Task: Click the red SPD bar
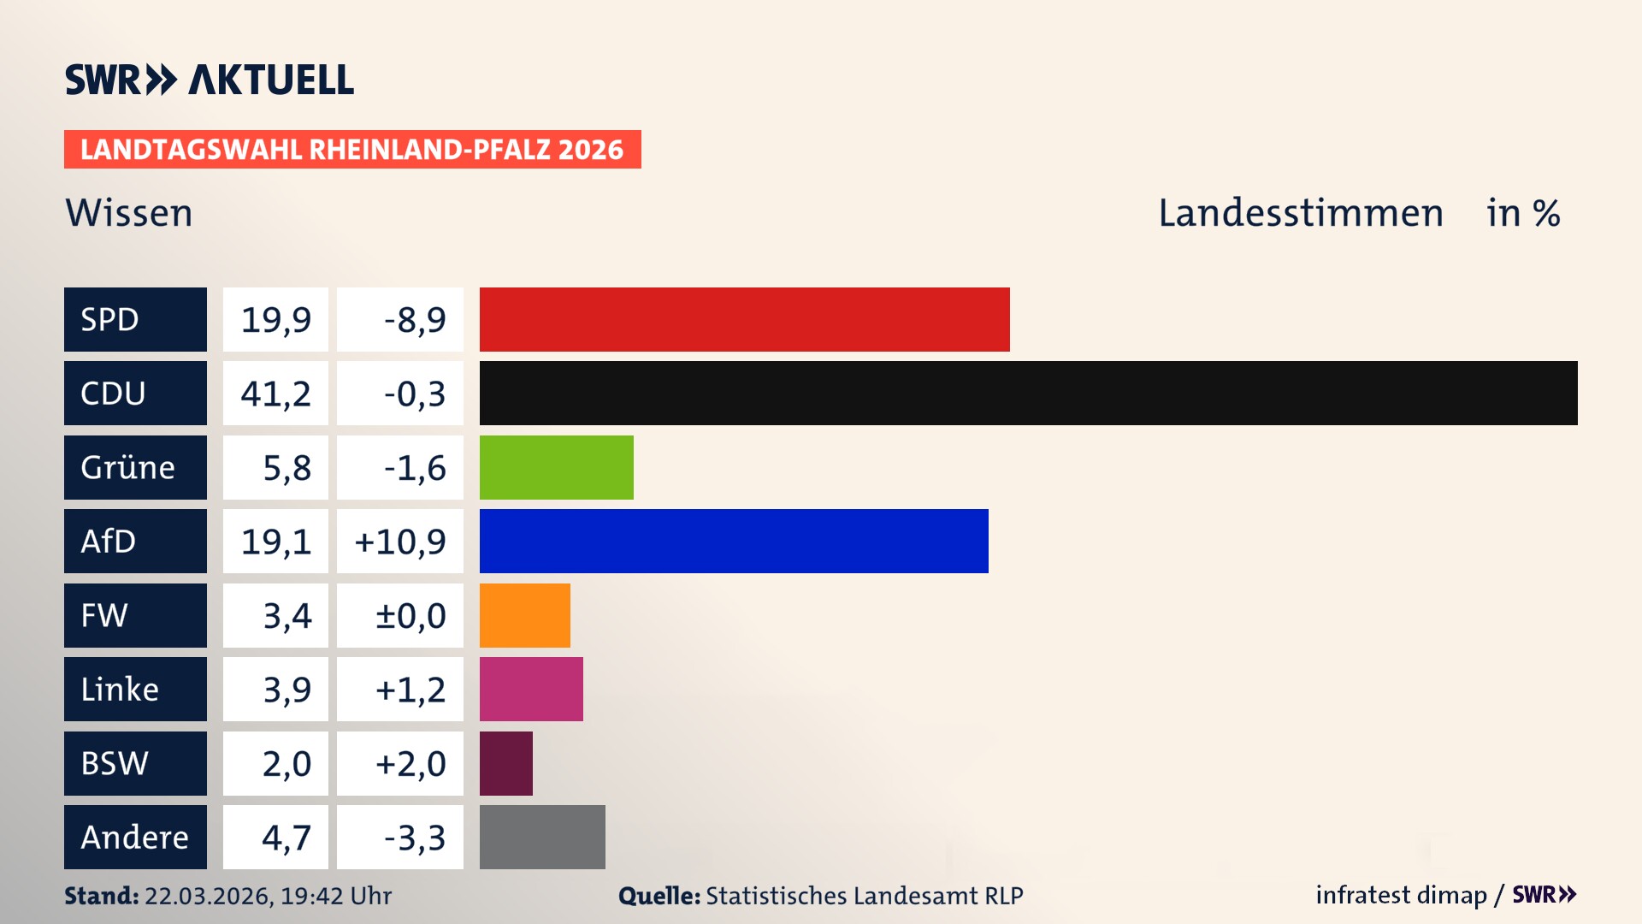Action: pyautogui.click(x=744, y=319)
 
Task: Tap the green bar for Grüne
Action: pyautogui.click(x=556, y=467)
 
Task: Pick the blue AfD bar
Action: pyautogui.click(x=734, y=541)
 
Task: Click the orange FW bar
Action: pyautogui.click(x=524, y=615)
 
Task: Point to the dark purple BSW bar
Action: pyautogui.click(x=505, y=763)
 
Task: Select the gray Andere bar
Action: pyautogui.click(x=542, y=837)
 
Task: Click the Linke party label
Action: pyautogui.click(x=120, y=690)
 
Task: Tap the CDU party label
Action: pyautogui.click(x=113, y=394)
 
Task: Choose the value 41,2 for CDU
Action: pyautogui.click(x=275, y=394)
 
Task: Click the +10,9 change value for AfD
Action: pyautogui.click(x=400, y=541)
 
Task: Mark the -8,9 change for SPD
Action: pyautogui.click(x=415, y=319)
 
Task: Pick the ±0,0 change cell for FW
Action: pyautogui.click(x=410, y=615)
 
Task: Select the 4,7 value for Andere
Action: pyautogui.click(x=286, y=837)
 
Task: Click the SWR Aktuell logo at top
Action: pyautogui.click(x=210, y=80)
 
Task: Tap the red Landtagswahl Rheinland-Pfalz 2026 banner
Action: pyautogui.click(x=352, y=150)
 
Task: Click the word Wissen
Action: pyautogui.click(x=129, y=213)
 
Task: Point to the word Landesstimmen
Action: pyautogui.click(x=1300, y=213)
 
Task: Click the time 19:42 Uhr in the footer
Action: pyautogui.click(x=335, y=896)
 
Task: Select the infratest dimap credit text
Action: pyautogui.click(x=1401, y=895)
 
